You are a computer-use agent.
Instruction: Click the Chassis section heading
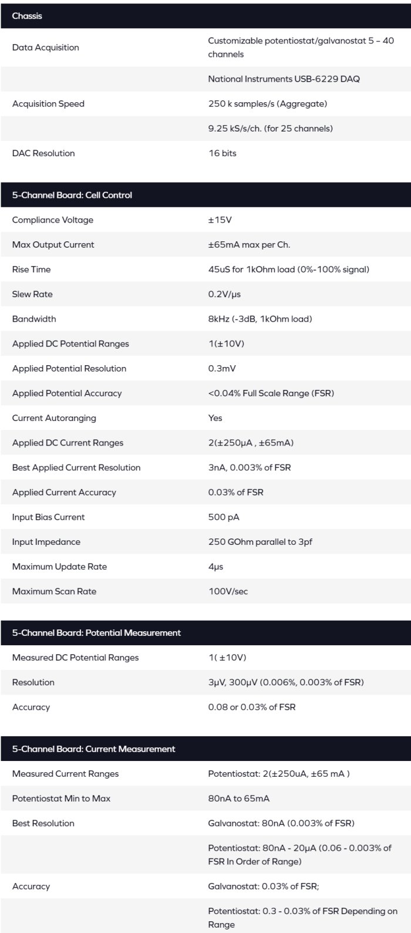coord(27,16)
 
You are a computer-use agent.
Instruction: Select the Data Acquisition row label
coord(45,48)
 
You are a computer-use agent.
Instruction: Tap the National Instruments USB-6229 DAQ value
coord(284,79)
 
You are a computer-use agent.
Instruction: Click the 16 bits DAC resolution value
coord(223,153)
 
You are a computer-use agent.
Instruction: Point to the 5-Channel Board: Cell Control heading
coord(72,195)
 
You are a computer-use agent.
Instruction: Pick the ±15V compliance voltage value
coord(220,220)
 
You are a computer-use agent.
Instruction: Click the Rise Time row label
coord(31,270)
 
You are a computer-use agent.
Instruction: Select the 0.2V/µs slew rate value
coord(224,294)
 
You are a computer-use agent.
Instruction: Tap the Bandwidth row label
coord(34,319)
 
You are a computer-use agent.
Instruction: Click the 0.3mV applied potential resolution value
coord(221,369)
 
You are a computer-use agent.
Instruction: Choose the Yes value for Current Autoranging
coord(215,418)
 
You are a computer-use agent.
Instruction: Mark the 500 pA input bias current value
coord(224,517)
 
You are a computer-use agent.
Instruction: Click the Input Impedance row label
coord(46,542)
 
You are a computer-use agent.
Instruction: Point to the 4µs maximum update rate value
coord(215,567)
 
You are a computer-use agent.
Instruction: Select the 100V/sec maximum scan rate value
coord(228,591)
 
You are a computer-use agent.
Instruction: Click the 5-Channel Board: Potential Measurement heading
coord(96,632)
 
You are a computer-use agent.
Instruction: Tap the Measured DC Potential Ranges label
coord(75,658)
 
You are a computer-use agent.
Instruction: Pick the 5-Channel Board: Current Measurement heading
coord(93,749)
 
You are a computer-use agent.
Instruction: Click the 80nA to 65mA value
coord(239,799)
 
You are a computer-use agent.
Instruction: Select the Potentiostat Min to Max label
coord(61,799)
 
